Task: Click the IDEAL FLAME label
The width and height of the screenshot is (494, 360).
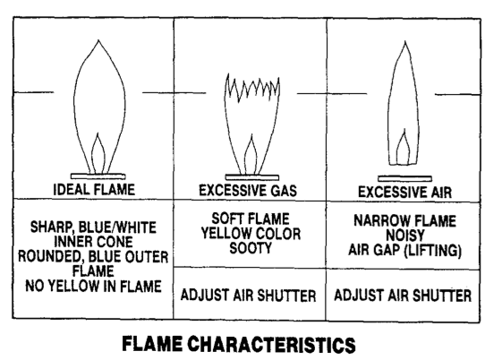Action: click(x=94, y=190)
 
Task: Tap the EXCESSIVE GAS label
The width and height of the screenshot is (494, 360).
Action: click(x=248, y=191)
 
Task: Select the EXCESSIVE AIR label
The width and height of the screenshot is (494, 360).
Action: click(x=405, y=192)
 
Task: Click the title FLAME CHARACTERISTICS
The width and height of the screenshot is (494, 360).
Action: click(x=239, y=344)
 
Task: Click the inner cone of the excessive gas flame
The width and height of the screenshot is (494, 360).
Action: click(x=246, y=154)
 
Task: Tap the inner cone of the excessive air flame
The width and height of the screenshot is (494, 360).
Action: click(x=397, y=148)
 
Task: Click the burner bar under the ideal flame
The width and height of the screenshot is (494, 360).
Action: click(x=98, y=176)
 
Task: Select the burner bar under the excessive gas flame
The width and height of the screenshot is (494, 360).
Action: click(x=252, y=177)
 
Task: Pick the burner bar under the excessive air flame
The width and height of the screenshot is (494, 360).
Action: click(x=405, y=179)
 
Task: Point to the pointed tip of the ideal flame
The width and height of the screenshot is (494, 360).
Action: click(x=98, y=40)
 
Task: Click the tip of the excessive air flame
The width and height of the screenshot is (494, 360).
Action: click(x=405, y=41)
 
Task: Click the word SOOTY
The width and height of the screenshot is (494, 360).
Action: click(x=251, y=248)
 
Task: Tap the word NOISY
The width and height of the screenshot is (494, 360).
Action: click(x=405, y=236)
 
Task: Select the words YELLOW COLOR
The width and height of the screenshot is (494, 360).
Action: click(x=251, y=234)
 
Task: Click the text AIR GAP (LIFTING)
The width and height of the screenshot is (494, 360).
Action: click(x=405, y=250)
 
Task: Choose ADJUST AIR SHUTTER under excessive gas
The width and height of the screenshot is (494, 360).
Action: click(x=248, y=296)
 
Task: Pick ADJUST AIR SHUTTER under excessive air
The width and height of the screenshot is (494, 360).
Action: click(x=403, y=296)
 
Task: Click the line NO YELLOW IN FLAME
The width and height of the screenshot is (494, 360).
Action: click(x=93, y=287)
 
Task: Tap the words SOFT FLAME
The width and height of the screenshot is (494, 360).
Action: click(x=251, y=219)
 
